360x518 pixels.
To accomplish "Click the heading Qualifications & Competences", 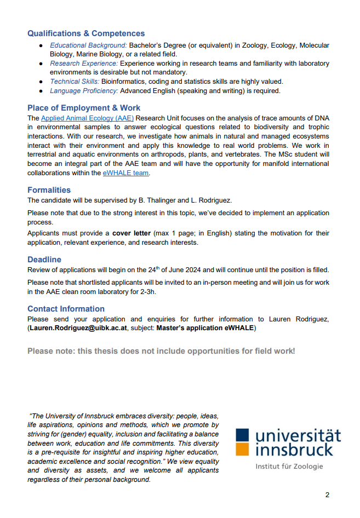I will click(86, 33).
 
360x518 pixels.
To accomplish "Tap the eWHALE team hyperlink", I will click(125, 172).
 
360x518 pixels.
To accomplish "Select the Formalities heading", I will click(49, 190).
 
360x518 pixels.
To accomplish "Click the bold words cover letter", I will click(131, 233).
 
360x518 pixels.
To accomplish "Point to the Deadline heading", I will click(44, 260).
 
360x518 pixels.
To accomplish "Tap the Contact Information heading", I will click(66, 309).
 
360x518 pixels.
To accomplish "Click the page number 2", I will click(327, 495).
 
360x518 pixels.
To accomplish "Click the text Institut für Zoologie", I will click(289, 467).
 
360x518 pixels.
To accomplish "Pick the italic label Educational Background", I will click(89, 45).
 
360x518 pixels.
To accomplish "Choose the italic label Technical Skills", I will click(75, 82).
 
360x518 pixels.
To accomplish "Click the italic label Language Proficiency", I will click(84, 91).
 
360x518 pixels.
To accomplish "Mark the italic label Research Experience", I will click(84, 64).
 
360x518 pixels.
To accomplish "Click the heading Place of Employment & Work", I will click(84, 108).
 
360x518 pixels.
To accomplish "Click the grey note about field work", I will click(161, 350).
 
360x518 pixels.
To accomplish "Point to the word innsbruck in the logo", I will click(294, 450).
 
